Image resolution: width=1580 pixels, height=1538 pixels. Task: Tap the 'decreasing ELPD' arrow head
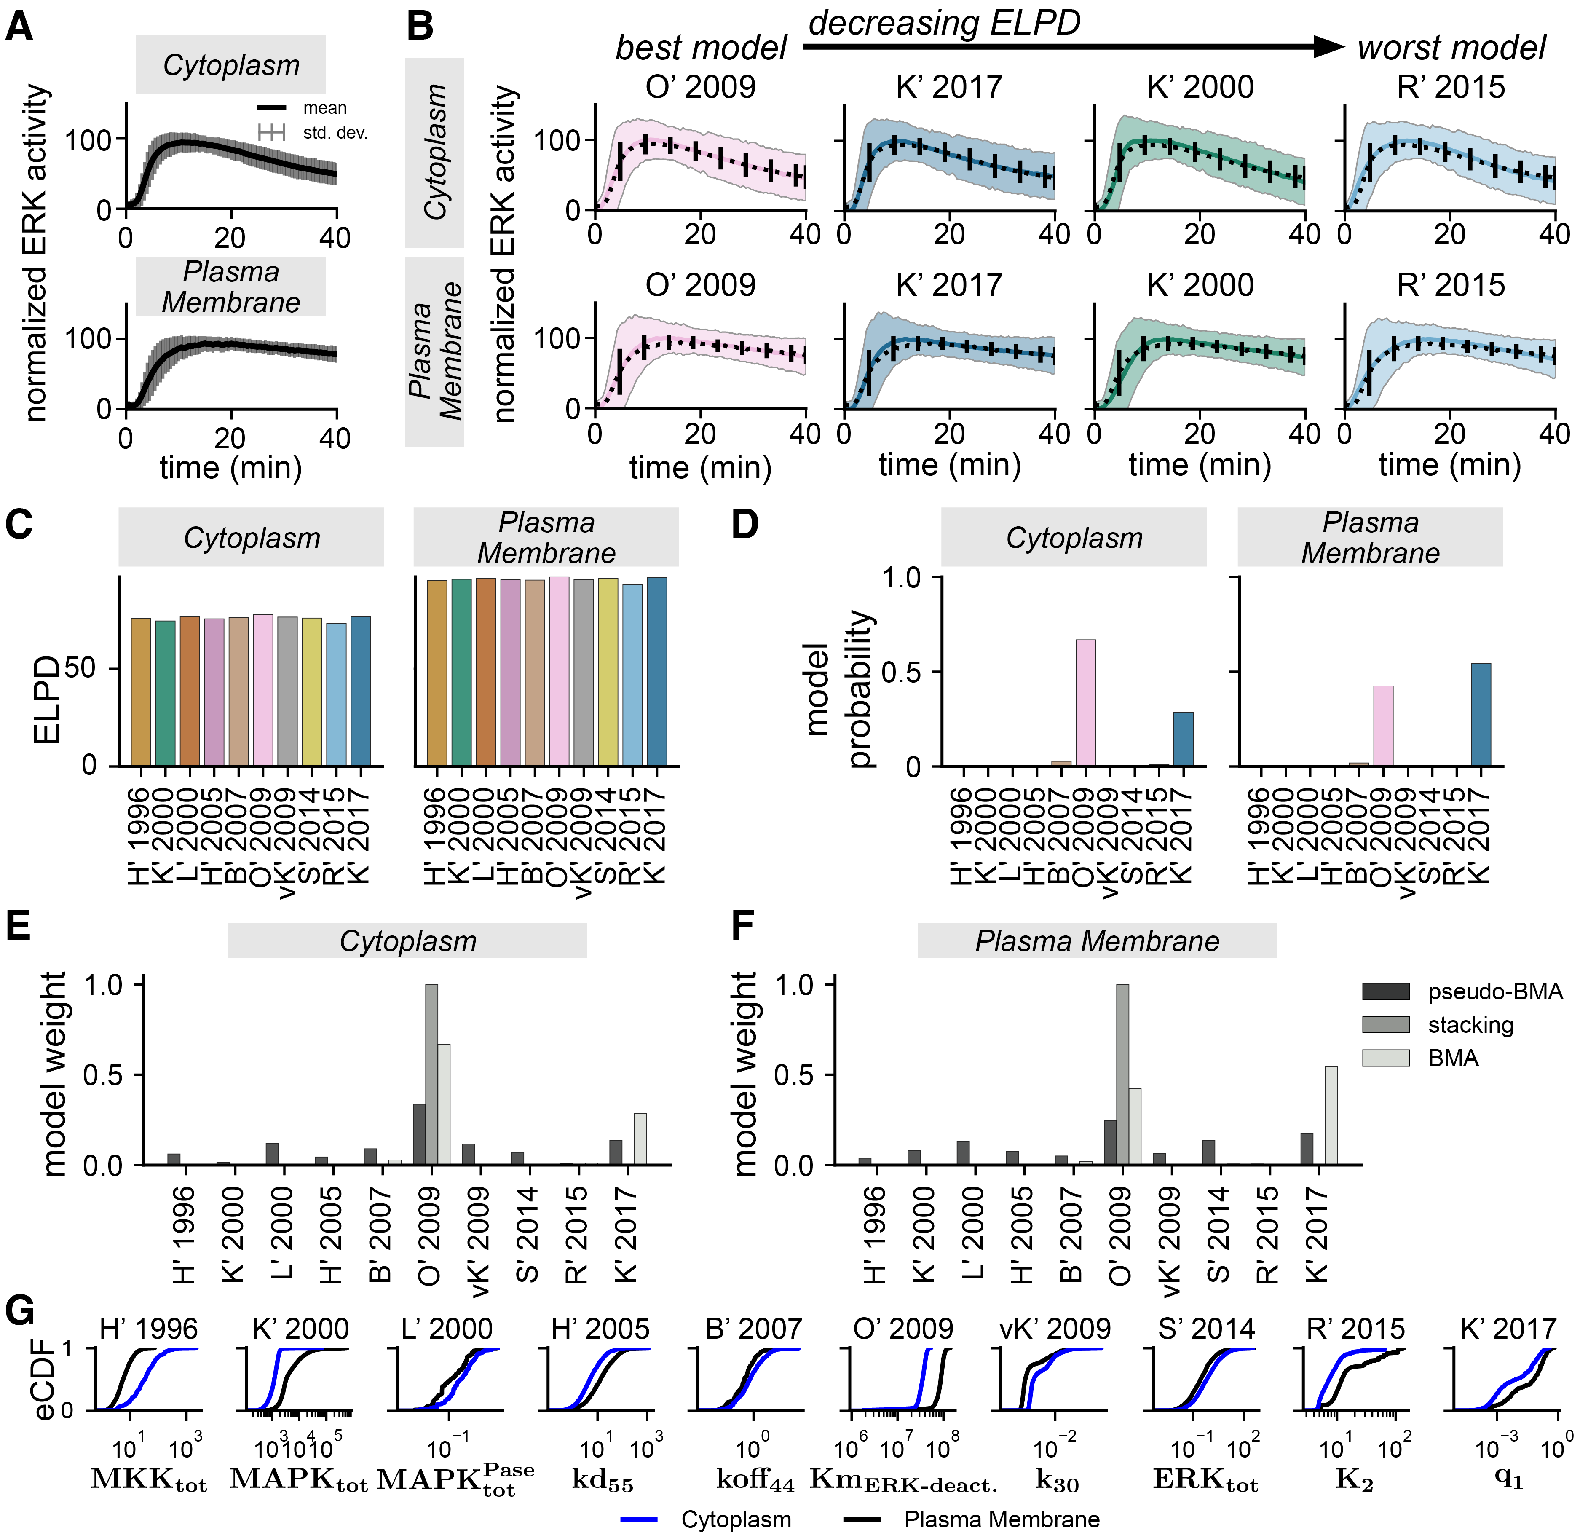coord(1329,47)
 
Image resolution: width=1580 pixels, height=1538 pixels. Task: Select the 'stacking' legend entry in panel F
coord(1470,1025)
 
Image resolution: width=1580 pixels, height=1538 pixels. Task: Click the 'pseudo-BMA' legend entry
coord(1494,992)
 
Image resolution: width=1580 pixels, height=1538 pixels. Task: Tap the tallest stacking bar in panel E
coord(431,1074)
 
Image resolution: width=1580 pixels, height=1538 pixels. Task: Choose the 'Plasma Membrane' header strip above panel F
coord(1096,941)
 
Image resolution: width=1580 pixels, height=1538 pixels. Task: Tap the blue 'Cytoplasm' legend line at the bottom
coord(638,1519)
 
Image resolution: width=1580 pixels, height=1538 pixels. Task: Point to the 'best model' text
coord(700,48)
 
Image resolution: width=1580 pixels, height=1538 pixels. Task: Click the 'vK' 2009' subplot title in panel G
coord(1055,1329)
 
